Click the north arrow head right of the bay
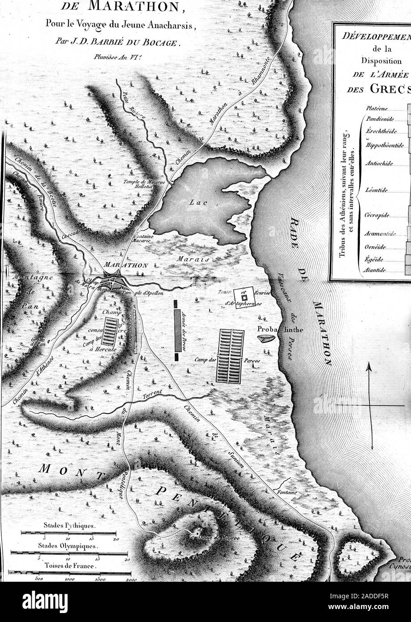coord(369,367)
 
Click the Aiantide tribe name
coord(376,270)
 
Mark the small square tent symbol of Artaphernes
coord(244,297)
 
